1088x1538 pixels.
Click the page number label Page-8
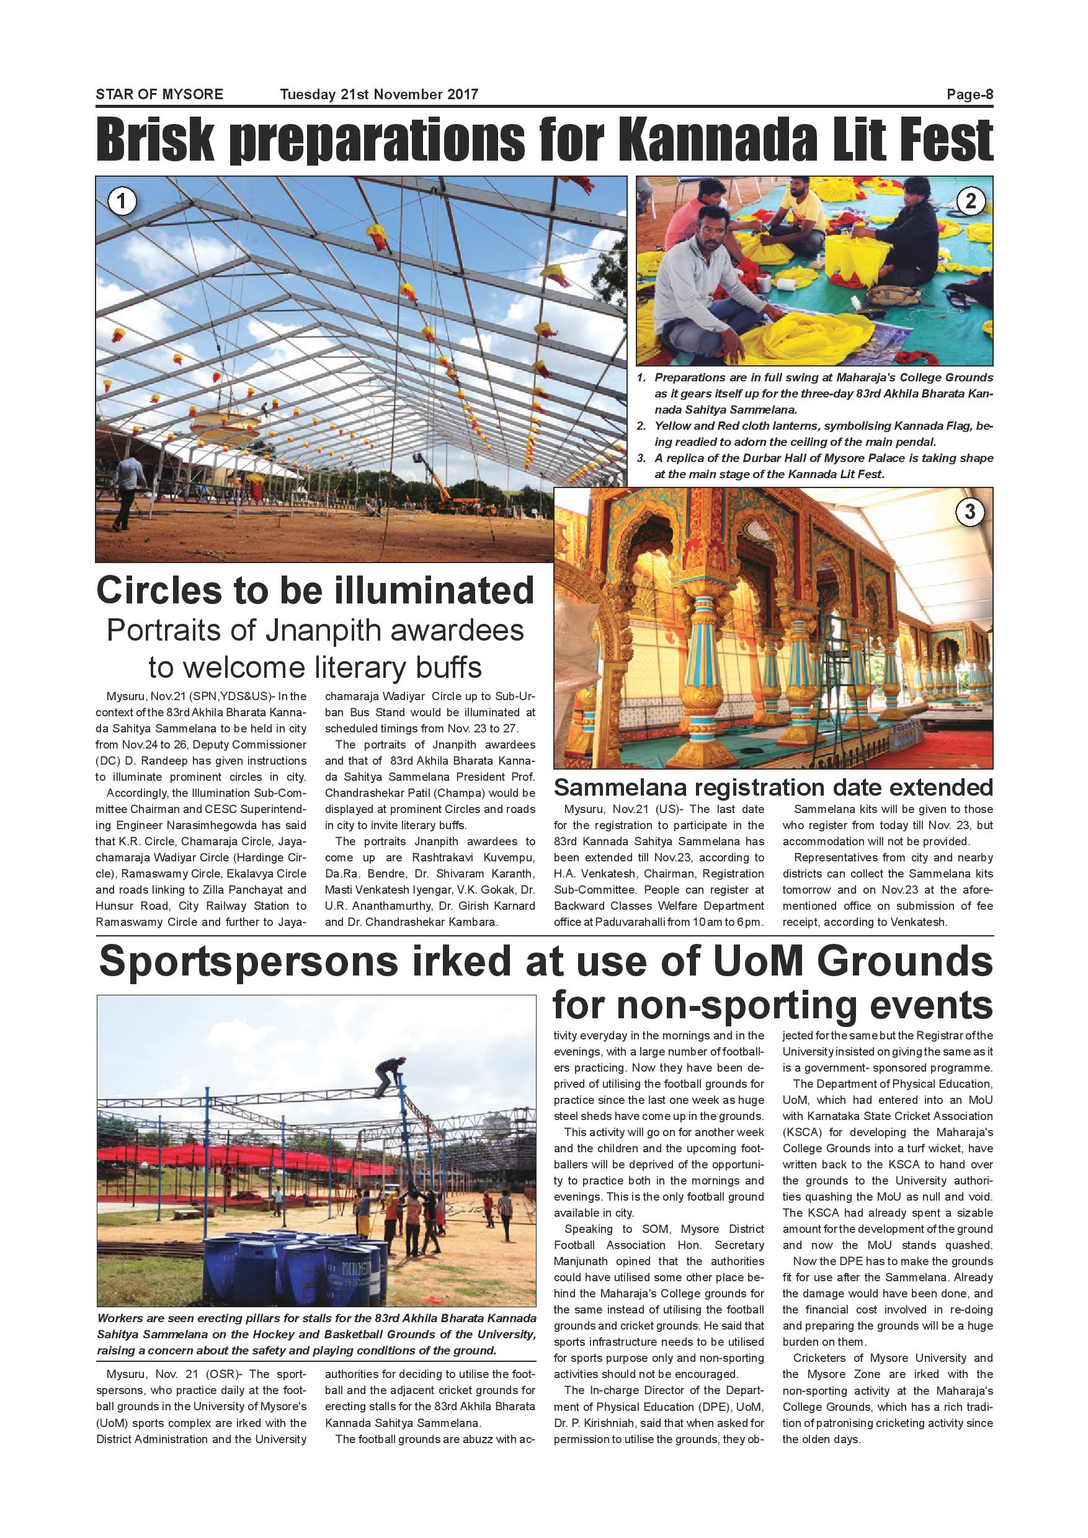(x=969, y=94)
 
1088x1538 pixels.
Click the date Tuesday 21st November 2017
(x=378, y=94)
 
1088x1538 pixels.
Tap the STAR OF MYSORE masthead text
(x=159, y=94)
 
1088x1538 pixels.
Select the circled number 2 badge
(x=970, y=200)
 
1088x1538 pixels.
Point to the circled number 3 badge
(x=969, y=512)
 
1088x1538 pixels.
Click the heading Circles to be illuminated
(x=315, y=590)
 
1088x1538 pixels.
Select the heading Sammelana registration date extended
(x=773, y=786)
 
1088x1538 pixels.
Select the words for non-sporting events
(x=772, y=1005)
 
